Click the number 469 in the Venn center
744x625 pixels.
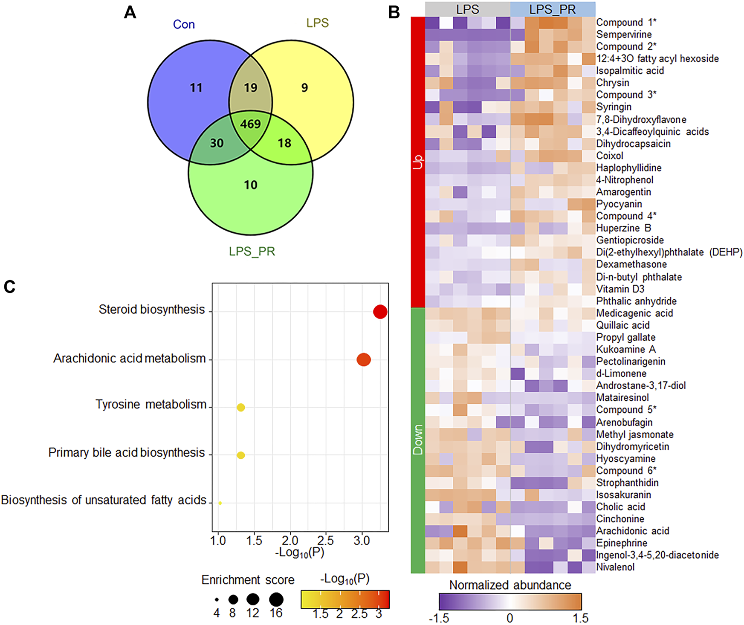(250, 124)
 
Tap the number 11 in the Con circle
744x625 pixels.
(196, 88)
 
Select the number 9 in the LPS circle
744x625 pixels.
(304, 88)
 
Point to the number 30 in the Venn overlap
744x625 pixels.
(217, 143)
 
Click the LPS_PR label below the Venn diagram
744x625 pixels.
(252, 252)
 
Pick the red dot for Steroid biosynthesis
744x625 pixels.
(380, 312)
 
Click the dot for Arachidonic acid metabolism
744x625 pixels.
(363, 360)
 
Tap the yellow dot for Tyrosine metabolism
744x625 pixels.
(240, 408)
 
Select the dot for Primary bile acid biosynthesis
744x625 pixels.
(240, 455)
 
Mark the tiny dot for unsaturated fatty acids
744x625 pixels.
(220, 503)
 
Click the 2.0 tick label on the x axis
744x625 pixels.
(290, 541)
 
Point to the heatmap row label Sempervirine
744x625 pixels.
(624, 35)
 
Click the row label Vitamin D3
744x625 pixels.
(620, 289)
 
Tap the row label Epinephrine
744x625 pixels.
(622, 543)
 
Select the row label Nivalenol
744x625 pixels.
(615, 567)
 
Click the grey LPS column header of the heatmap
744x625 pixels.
(467, 9)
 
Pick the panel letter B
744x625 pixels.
(394, 13)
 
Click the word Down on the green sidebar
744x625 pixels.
(418, 440)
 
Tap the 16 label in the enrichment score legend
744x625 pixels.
(276, 613)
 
